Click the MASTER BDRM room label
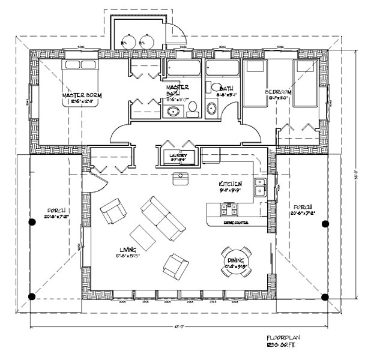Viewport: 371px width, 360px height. click(x=82, y=95)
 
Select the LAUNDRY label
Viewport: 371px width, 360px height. click(x=178, y=154)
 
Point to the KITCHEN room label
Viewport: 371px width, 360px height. click(x=231, y=183)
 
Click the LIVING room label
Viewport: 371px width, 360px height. click(x=127, y=249)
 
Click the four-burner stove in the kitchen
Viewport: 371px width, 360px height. click(x=229, y=209)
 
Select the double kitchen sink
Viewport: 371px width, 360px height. click(x=260, y=187)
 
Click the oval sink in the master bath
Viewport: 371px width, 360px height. click(x=175, y=111)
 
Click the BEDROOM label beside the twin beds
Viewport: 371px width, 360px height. click(x=277, y=92)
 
